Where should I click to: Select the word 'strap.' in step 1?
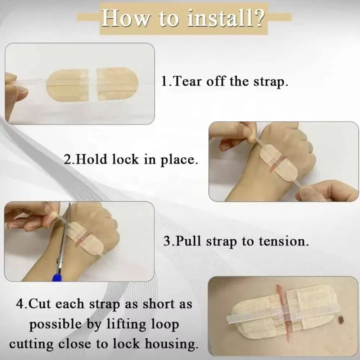[271, 82]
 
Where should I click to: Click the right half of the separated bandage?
[117, 84]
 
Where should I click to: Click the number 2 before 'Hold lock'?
[68, 159]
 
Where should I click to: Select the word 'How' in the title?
[125, 18]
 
